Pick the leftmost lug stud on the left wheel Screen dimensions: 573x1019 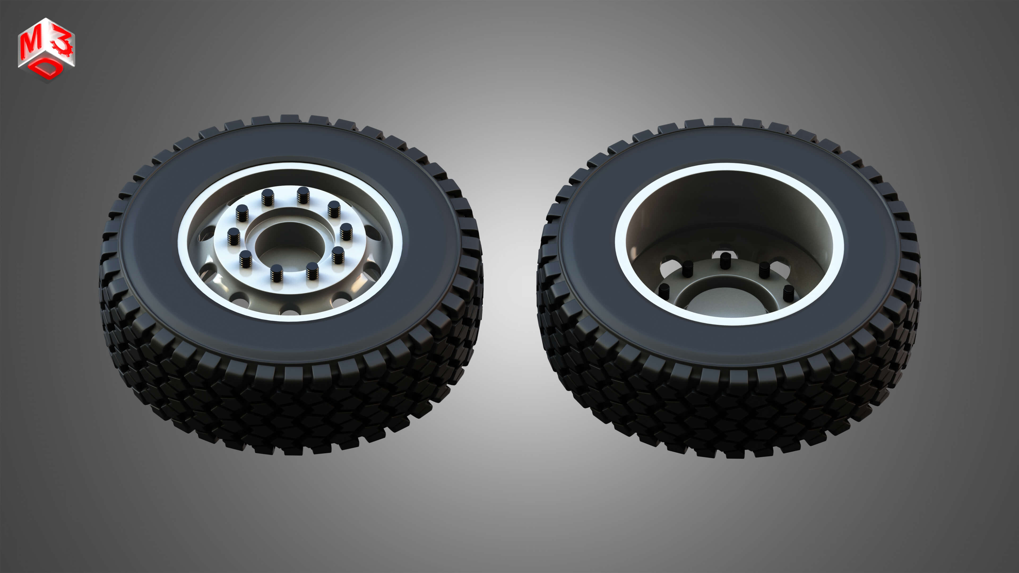pos(234,236)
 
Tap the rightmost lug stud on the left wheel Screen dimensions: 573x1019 pos(346,231)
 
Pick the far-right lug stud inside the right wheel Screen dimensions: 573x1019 pos(788,293)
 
